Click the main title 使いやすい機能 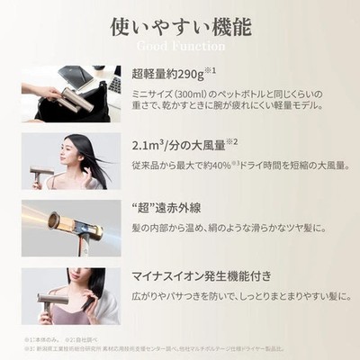(180, 25)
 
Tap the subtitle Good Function (180, 45)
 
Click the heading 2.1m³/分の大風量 (185, 142)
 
